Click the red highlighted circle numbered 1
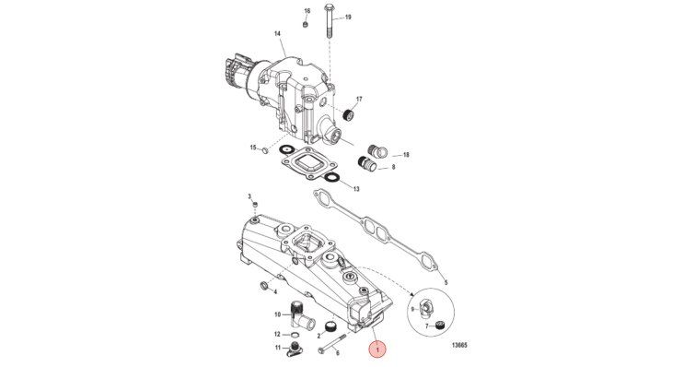coord(377,350)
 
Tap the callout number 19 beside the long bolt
coord(348,18)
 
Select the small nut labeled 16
coord(306,24)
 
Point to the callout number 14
coord(277,33)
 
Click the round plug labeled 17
coord(349,115)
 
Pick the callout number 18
coord(406,155)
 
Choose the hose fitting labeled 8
coord(367,164)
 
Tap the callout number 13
coord(356,189)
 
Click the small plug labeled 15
coord(265,150)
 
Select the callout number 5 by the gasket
coord(446,282)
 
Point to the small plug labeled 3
coord(255,204)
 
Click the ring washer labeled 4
coord(263,284)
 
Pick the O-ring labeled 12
coord(294,335)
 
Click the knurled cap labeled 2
coord(330,327)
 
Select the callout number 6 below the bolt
coord(338,353)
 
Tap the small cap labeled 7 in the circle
coord(439,326)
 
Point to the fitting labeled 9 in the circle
coord(424,307)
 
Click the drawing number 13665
coord(459,345)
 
